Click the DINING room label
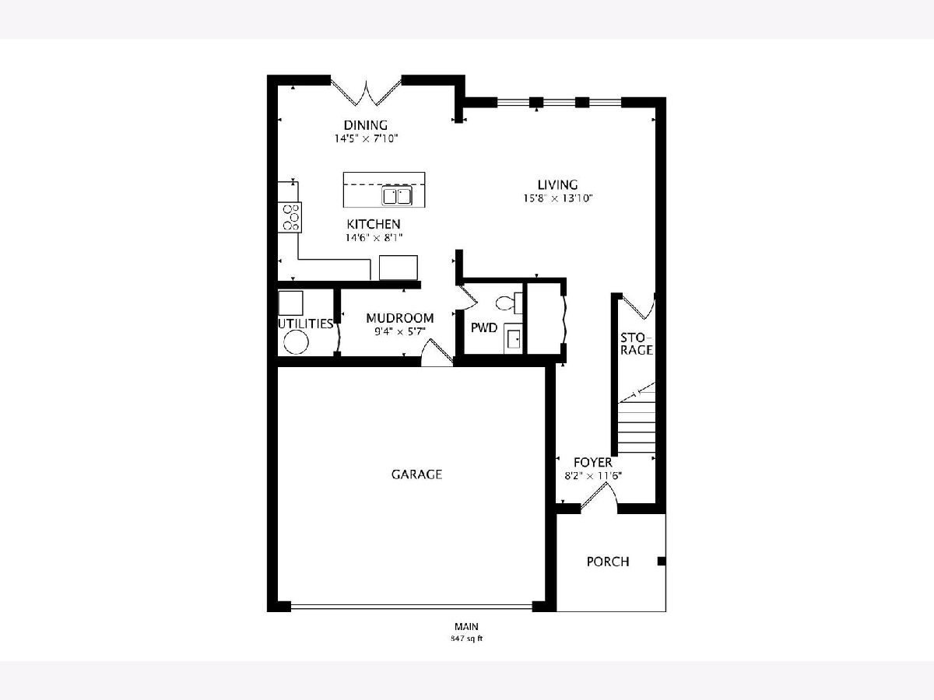[x=366, y=125]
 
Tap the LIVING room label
[x=557, y=185]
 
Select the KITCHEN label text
[x=373, y=224]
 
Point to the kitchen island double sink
[x=397, y=196]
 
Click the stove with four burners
[x=290, y=217]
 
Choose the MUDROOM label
[x=399, y=318]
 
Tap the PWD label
[x=484, y=327]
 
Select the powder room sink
[x=513, y=338]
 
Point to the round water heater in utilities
[x=296, y=341]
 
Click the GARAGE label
[x=416, y=474]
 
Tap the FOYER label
[x=593, y=463]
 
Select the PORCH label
[x=608, y=562]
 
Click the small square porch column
[x=662, y=561]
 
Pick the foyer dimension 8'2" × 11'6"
[x=593, y=475]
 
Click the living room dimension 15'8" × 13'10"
[x=558, y=198]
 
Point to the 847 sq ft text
[x=467, y=639]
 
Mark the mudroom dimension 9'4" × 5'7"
[x=400, y=331]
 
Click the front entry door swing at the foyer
[x=599, y=497]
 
